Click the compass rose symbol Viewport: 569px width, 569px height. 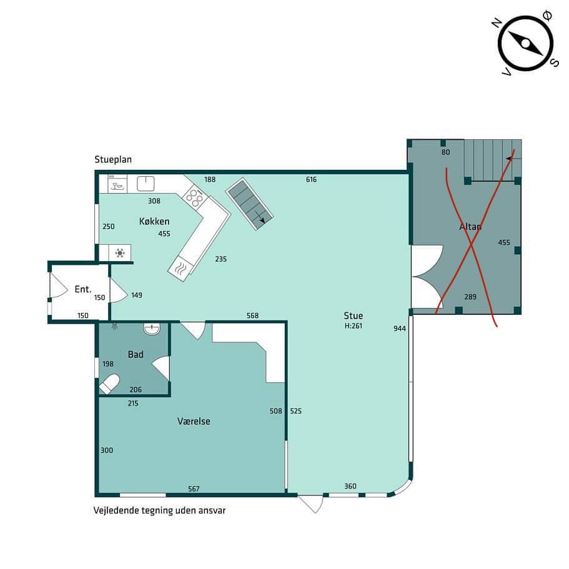[x=526, y=44]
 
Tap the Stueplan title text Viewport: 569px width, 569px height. [x=113, y=160]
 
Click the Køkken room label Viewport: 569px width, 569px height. [x=154, y=221]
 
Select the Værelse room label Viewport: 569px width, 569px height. [x=194, y=422]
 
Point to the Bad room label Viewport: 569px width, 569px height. [x=136, y=355]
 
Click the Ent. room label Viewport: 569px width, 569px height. [x=82, y=289]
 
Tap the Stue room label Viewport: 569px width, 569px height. [x=354, y=315]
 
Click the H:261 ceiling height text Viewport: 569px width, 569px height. [x=354, y=326]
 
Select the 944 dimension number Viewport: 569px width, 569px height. [x=400, y=329]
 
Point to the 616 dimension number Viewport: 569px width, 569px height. [x=311, y=180]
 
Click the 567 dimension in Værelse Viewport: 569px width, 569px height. [x=194, y=489]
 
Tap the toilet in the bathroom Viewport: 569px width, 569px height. [x=109, y=384]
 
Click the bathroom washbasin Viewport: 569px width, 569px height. [x=152, y=329]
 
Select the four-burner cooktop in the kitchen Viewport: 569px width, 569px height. [x=194, y=196]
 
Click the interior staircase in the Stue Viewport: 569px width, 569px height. [x=249, y=204]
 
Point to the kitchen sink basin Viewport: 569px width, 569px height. [x=146, y=184]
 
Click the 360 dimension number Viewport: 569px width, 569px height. [x=350, y=487]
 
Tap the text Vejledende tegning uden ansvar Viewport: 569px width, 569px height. [x=160, y=510]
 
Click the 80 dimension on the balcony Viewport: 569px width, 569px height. [x=445, y=152]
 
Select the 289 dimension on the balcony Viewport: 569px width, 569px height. [x=470, y=297]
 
